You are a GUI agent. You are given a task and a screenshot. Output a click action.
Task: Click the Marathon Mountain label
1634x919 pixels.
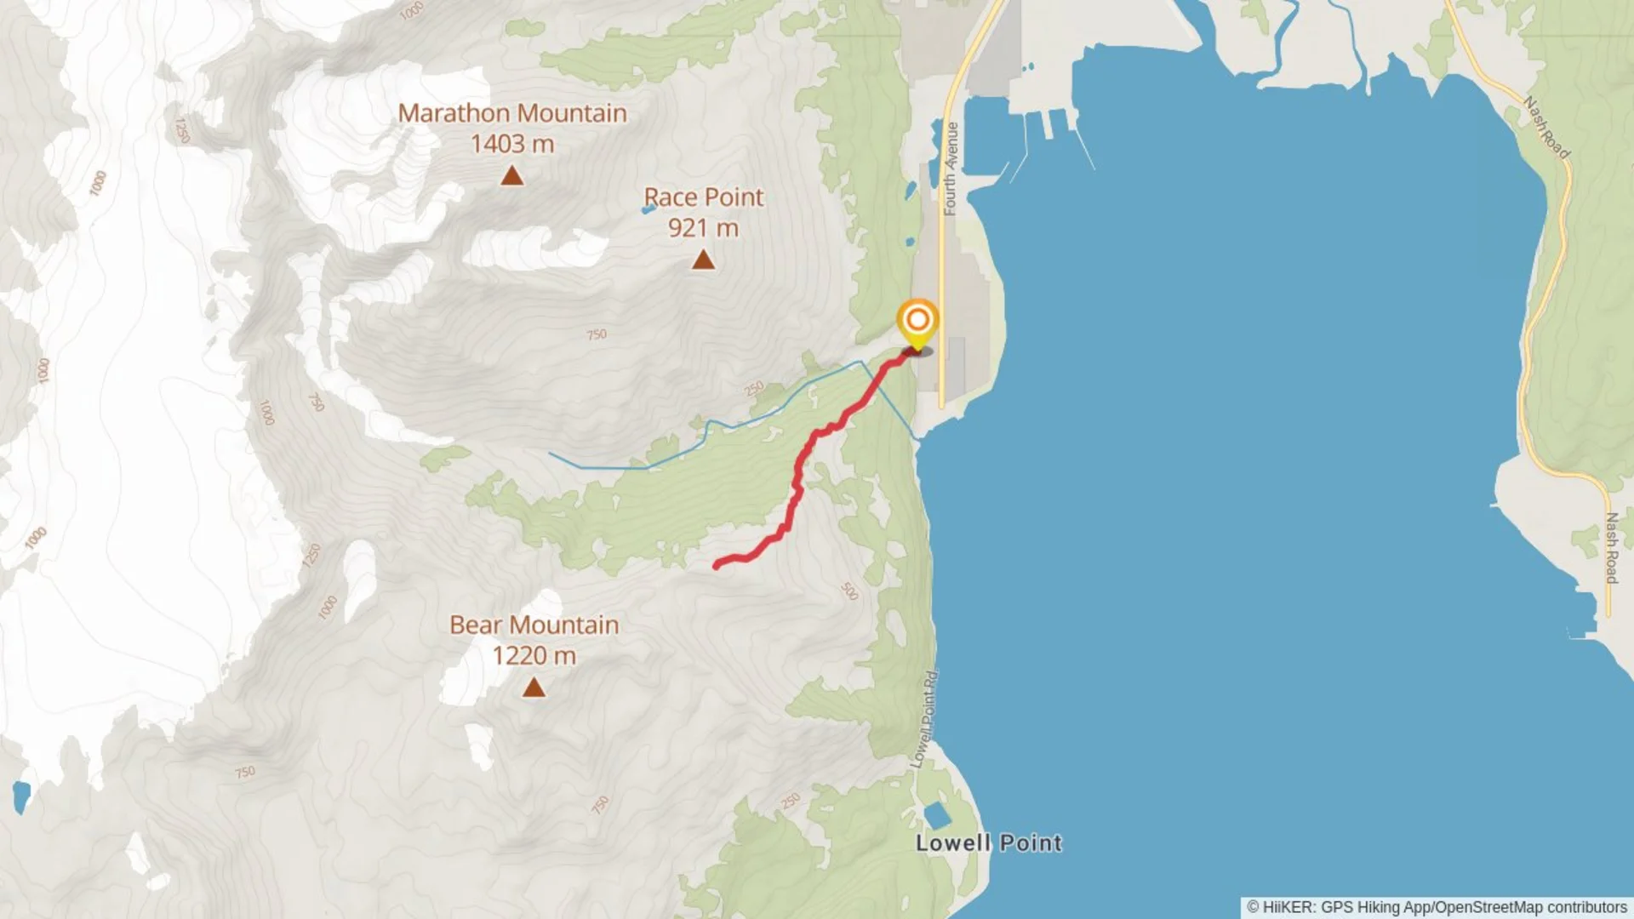[512, 113]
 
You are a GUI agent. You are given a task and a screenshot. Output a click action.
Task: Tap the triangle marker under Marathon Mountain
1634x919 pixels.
[511, 176]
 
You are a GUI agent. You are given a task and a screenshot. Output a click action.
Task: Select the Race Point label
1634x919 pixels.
[704, 197]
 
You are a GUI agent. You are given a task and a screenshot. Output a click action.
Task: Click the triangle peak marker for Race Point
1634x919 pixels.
[703, 260]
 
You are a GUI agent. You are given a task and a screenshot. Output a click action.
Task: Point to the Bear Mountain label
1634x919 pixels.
[534, 625]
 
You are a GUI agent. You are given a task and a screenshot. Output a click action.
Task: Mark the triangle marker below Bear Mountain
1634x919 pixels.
[534, 688]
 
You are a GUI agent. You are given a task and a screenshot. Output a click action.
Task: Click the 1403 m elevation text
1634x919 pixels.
[512, 144]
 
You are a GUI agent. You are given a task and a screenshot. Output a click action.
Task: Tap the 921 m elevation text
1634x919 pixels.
[704, 228]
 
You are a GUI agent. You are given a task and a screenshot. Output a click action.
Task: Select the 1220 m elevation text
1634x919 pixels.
[534, 656]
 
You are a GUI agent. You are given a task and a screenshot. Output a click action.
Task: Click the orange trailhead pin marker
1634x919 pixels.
[917, 322]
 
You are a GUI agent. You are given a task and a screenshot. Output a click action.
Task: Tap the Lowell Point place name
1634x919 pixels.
[989, 843]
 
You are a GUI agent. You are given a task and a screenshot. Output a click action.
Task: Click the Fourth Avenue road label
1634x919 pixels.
[951, 168]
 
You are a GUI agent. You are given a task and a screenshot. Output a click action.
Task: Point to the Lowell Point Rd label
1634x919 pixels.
[925, 719]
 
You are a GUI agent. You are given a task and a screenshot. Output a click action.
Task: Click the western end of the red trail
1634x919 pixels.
[717, 565]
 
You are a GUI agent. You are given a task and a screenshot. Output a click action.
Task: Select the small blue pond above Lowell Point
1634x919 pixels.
[937, 815]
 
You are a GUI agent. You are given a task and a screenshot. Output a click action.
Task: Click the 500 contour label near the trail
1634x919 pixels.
[849, 591]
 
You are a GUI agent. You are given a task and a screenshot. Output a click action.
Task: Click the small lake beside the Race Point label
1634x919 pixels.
[648, 208]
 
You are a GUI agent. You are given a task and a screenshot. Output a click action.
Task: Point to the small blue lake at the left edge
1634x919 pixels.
[20, 796]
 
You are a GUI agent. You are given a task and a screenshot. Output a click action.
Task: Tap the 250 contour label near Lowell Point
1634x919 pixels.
[791, 801]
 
